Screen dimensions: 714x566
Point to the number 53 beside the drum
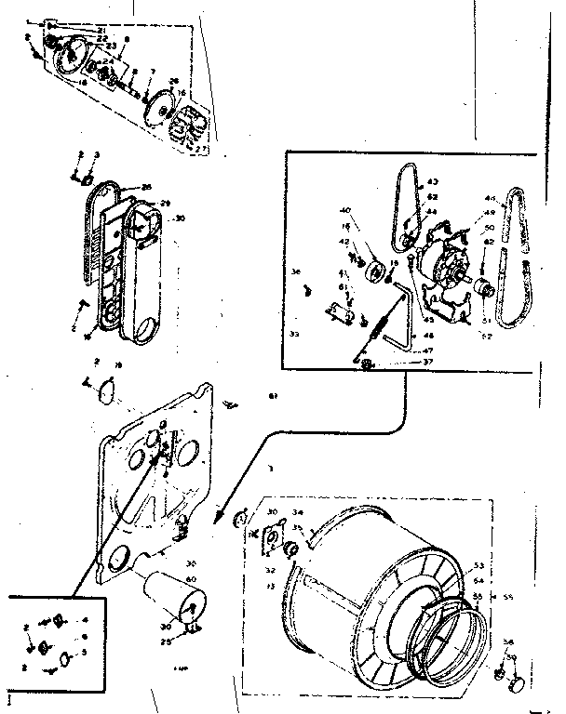tap(479, 564)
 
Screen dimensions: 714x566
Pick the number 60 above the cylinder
tap(191, 578)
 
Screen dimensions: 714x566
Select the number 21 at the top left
tap(101, 30)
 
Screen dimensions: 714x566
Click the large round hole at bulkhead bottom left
tap(120, 559)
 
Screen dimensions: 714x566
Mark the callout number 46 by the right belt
tap(491, 198)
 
